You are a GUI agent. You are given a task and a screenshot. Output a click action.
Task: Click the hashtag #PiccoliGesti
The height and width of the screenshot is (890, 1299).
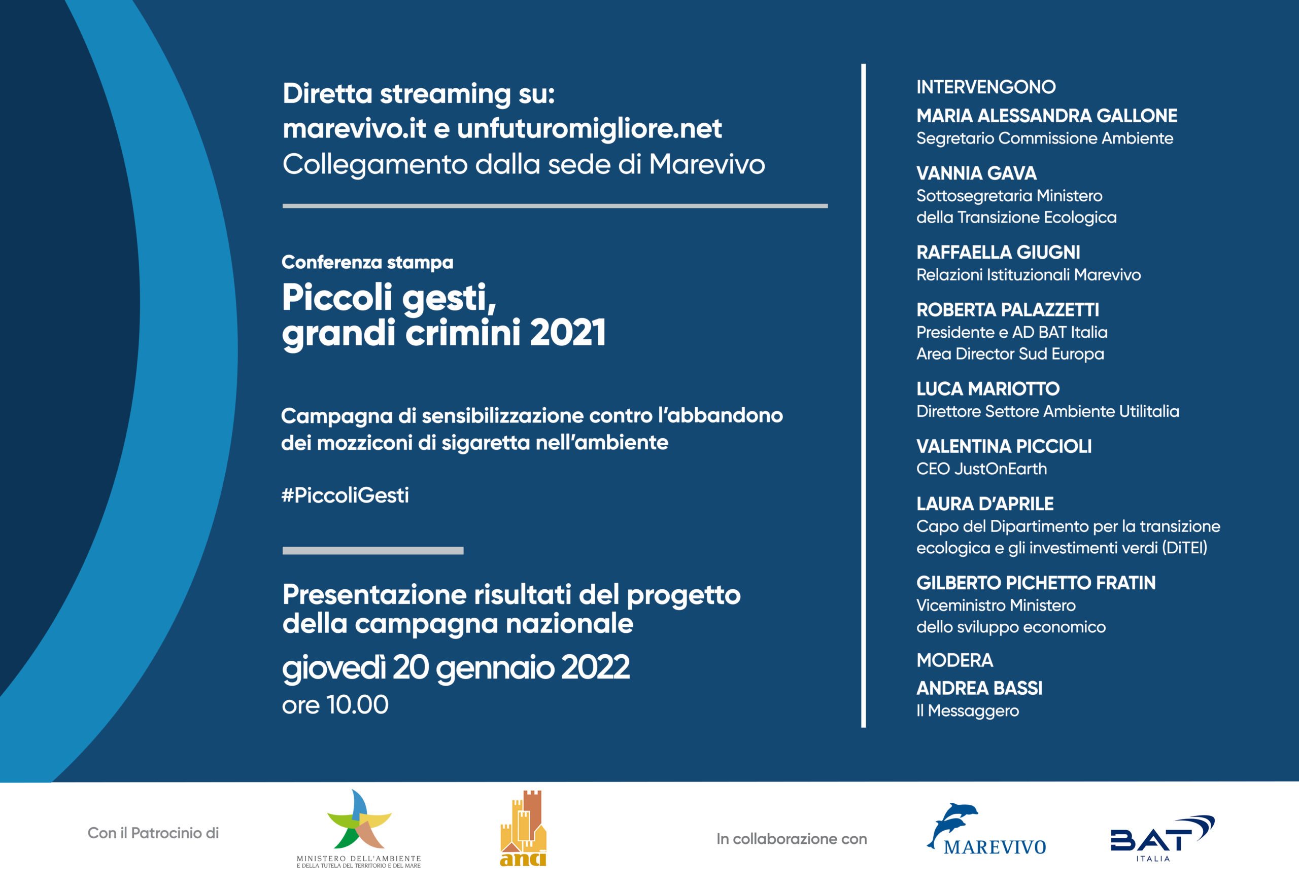click(345, 495)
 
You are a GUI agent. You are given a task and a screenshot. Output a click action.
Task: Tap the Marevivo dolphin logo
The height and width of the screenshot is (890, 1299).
click(986, 830)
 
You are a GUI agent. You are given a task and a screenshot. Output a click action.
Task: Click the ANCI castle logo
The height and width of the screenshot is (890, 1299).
click(523, 829)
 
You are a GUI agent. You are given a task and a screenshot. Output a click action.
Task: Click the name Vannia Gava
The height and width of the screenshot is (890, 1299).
click(976, 173)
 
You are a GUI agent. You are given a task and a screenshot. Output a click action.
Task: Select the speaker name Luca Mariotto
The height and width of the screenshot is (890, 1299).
click(987, 389)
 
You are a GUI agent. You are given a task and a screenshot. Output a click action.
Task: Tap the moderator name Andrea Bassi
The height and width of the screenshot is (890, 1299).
click(979, 688)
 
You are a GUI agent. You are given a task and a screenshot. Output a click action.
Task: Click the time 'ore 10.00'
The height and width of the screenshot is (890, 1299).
click(335, 705)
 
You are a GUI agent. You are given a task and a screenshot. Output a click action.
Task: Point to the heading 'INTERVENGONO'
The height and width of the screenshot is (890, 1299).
click(986, 87)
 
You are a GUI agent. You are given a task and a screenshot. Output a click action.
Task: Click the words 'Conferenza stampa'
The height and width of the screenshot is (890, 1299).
click(367, 262)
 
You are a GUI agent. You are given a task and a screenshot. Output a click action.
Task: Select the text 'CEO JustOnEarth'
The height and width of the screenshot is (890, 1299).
click(981, 469)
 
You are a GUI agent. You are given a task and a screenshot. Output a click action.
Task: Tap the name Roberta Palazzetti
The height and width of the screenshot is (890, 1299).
click(1007, 309)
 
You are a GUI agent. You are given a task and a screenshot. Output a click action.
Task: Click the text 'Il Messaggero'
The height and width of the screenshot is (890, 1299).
click(967, 710)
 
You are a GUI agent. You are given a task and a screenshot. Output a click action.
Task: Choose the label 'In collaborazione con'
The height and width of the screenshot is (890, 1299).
click(792, 839)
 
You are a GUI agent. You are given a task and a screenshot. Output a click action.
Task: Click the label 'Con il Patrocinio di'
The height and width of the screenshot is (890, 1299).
click(153, 833)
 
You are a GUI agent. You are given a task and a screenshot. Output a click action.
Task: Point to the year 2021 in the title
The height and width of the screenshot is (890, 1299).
click(567, 333)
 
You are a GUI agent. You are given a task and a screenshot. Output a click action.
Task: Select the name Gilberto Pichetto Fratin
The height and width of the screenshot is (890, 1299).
click(1036, 583)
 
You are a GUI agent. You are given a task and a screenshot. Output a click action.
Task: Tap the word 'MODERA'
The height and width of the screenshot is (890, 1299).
click(954, 660)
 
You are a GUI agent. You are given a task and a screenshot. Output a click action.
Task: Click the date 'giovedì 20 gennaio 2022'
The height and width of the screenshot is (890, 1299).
click(456, 668)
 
